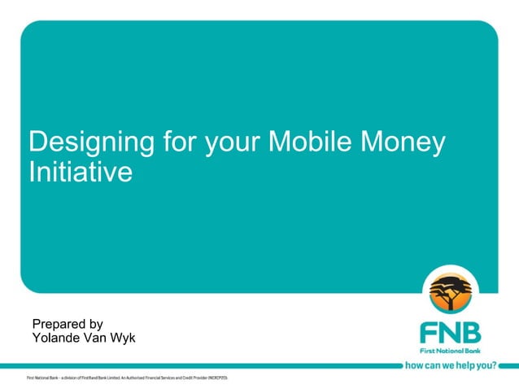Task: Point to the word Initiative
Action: coord(80,173)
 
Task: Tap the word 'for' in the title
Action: coord(179,142)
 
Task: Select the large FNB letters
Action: coord(449,333)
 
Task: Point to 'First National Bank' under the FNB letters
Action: coord(449,350)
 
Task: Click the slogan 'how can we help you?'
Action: coord(450,365)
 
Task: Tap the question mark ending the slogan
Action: coord(493,365)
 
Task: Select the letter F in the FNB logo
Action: coord(429,333)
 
